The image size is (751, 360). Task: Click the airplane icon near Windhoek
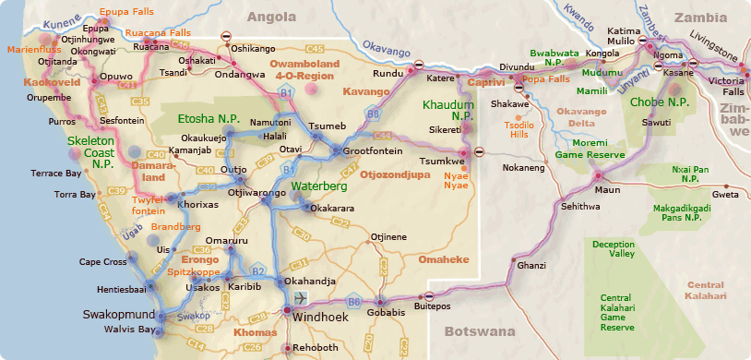[301, 298]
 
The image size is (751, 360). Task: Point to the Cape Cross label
[103, 261]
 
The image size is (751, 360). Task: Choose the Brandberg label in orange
[175, 226]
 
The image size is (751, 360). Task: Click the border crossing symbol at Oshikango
[226, 36]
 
